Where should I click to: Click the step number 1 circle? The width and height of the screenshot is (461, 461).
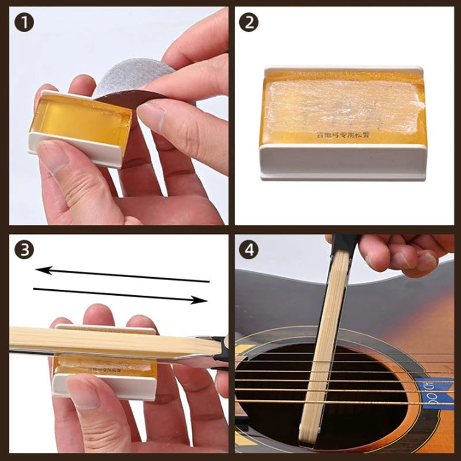24,24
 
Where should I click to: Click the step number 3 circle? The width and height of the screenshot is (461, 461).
24,249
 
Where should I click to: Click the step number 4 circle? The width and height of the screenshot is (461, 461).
249,249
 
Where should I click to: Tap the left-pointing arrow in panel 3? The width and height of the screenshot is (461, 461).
121,274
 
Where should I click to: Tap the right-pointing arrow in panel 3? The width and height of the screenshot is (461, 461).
121,294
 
